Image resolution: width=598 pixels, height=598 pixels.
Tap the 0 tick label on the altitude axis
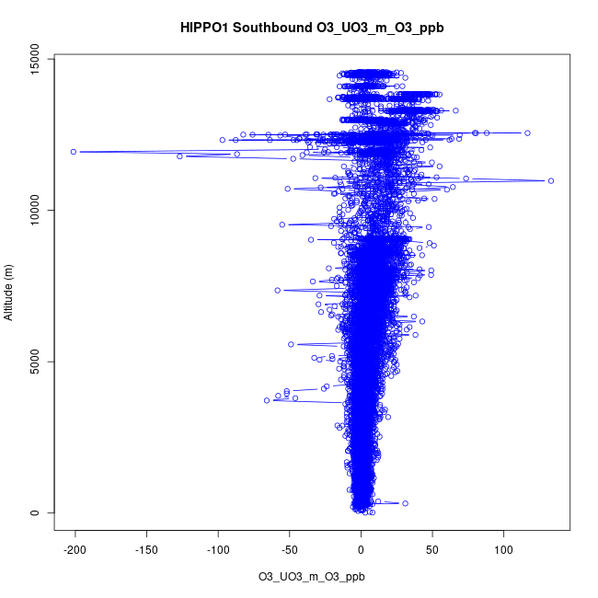click(35, 512)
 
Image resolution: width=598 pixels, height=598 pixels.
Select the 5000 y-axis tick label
click(35, 362)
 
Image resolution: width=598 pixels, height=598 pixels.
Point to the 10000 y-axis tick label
click(35, 211)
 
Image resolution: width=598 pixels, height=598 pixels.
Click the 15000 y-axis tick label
click(35, 60)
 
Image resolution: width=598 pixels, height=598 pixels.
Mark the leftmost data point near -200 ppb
click(74, 152)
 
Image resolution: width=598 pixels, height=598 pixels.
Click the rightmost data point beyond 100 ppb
click(551, 180)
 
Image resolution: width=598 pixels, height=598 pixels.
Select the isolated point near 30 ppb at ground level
click(405, 503)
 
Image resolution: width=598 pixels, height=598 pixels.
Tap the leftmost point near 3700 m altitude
click(267, 400)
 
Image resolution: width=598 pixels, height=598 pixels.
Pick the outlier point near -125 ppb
click(180, 156)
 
